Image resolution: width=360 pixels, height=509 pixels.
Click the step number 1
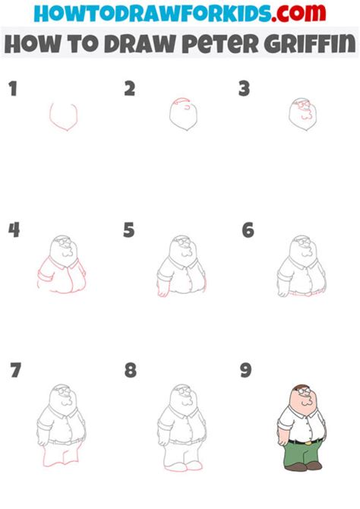[12, 90]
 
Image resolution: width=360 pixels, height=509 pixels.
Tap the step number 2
[130, 89]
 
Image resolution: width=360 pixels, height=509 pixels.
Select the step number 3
[244, 89]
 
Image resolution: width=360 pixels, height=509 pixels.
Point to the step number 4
[14, 229]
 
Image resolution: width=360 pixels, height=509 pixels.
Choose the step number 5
[130, 229]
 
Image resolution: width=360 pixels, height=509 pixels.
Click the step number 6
[248, 229]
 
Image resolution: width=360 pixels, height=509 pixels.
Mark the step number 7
[15, 371]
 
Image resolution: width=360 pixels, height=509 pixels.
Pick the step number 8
[131, 371]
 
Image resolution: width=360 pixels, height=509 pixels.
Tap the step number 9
[247, 371]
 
